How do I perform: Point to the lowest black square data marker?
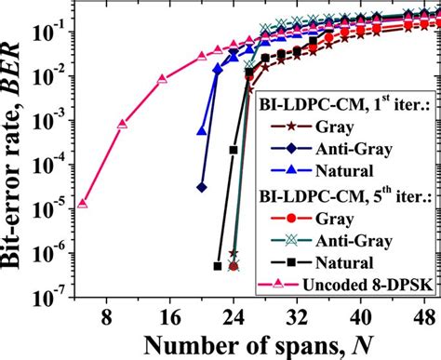218,267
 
